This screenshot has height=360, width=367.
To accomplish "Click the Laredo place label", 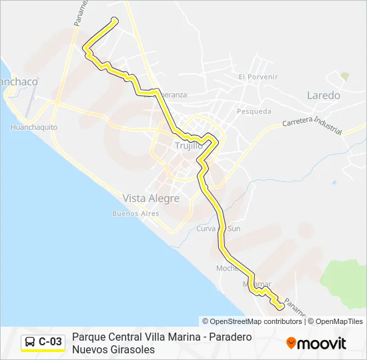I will [324, 95].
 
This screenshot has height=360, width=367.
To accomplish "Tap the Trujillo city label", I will [188, 146].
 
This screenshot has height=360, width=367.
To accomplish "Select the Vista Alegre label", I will [151, 199].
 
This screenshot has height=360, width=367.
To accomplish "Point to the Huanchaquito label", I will [34, 127].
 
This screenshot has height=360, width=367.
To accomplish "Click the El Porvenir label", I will [258, 77].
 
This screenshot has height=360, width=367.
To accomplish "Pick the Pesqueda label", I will [254, 111].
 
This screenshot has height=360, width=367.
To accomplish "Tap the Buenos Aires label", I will [135, 213].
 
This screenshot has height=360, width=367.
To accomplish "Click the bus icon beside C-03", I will [30, 343].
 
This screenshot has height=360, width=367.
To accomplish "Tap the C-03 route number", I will [50, 343].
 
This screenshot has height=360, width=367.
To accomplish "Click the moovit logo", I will [316, 343].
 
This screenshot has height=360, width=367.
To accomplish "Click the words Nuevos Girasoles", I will [113, 349].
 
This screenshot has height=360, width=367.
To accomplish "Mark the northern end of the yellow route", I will [116, 21].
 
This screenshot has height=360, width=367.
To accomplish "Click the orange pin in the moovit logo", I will [291, 343].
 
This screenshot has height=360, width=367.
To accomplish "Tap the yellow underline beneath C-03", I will [43, 351].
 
